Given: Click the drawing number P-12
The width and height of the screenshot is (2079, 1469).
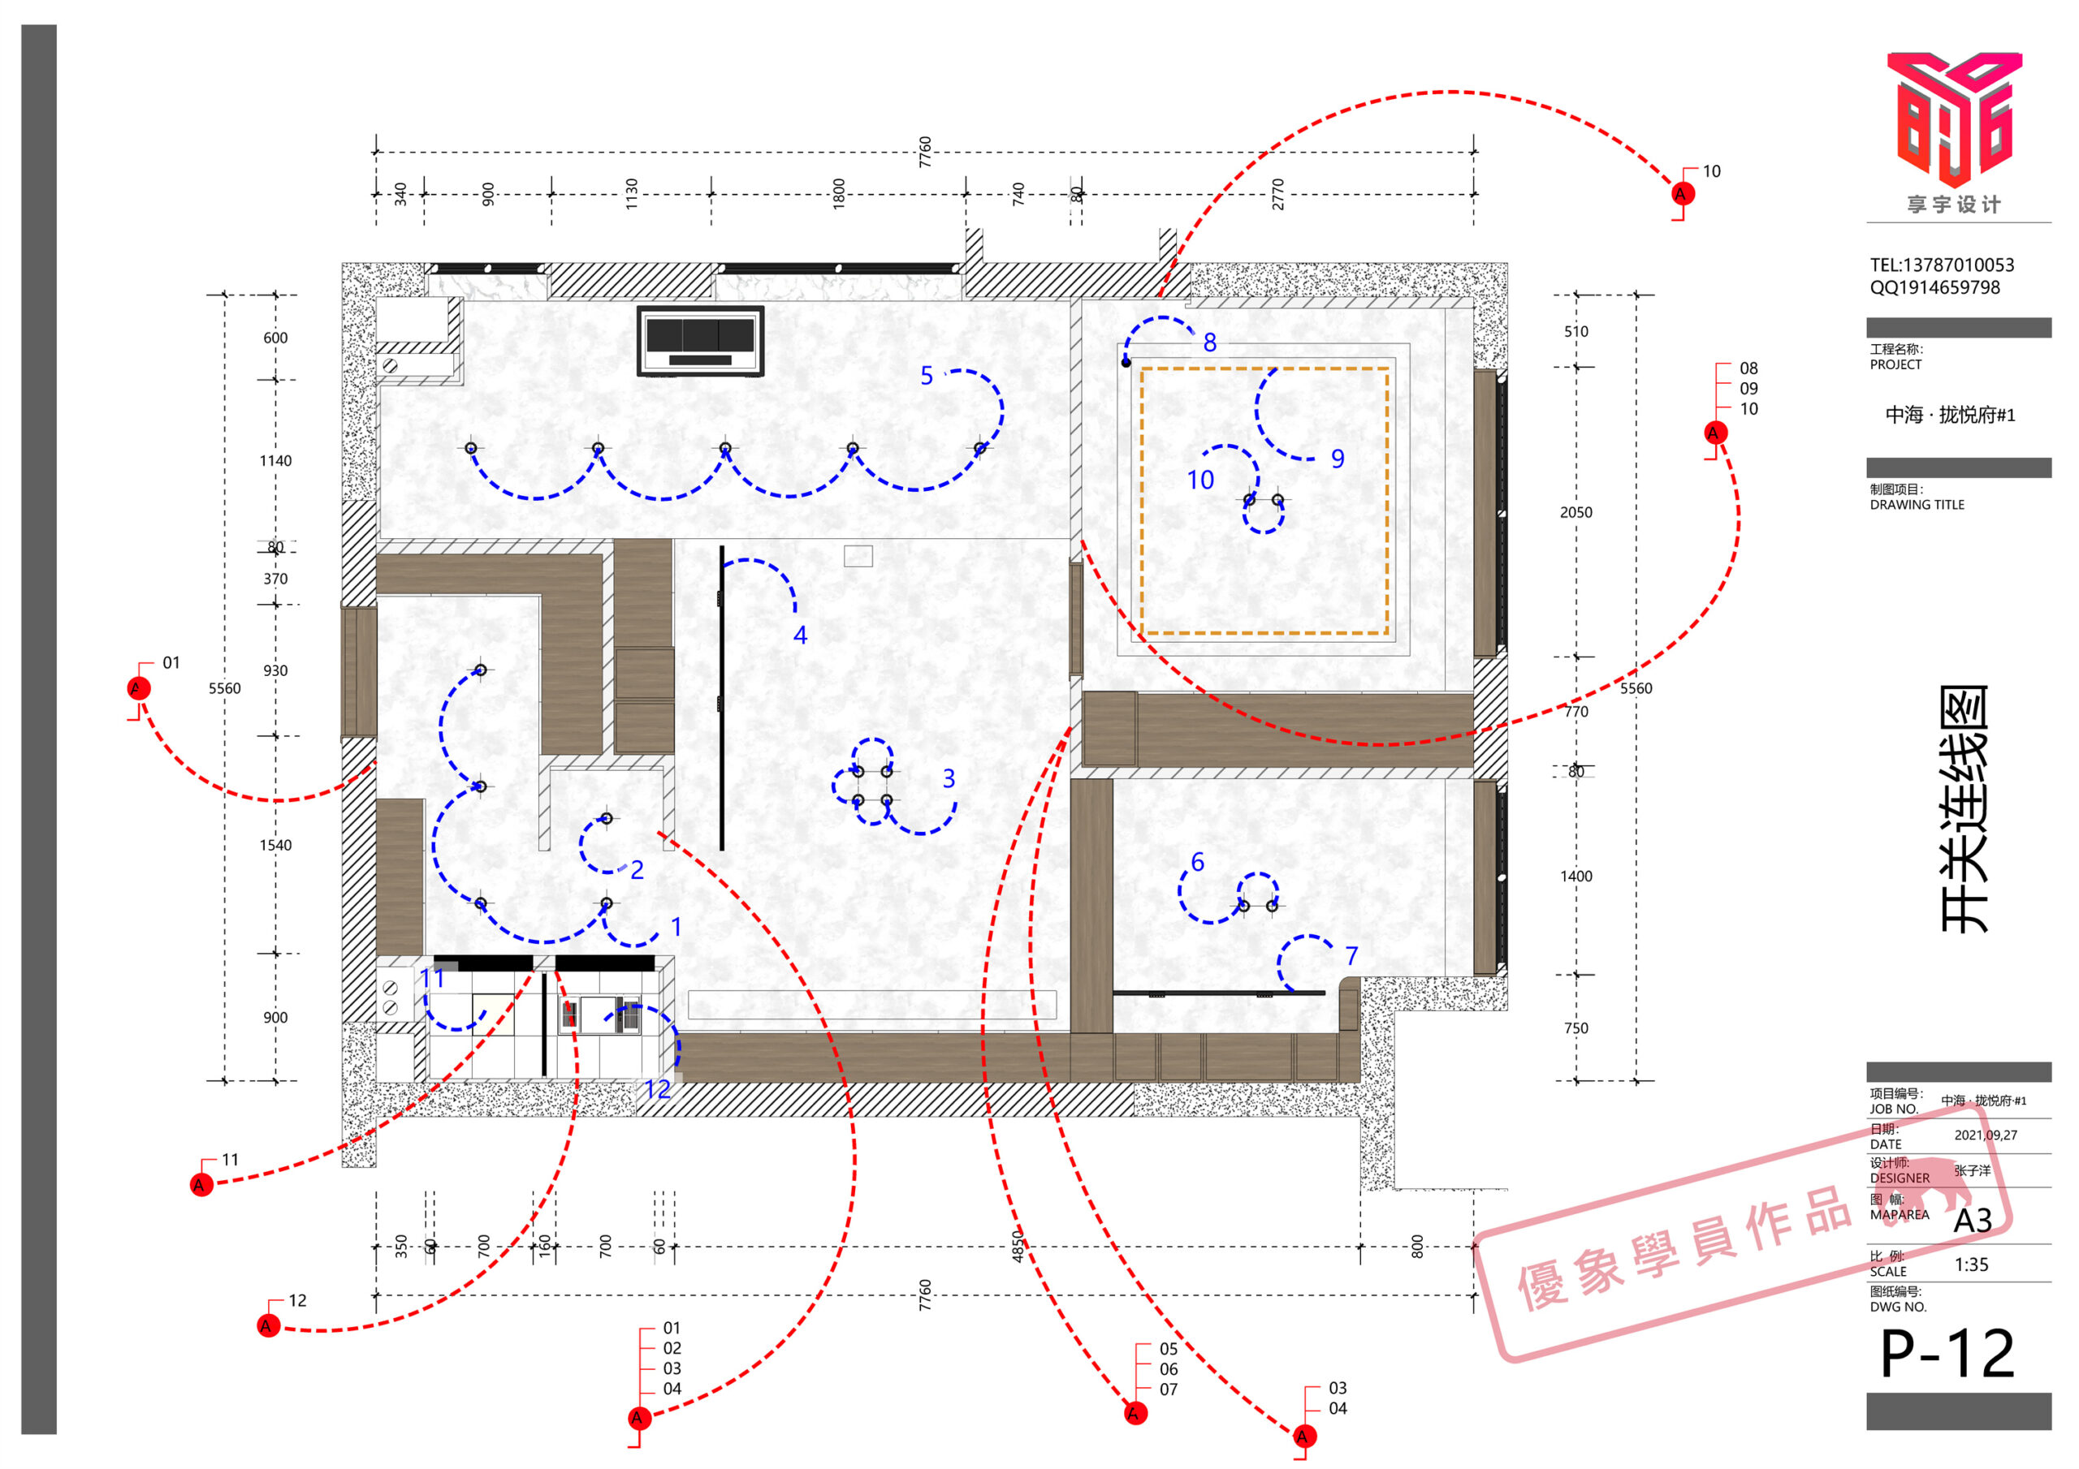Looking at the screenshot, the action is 1947,1354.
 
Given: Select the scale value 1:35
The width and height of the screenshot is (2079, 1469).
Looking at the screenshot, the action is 1971,1264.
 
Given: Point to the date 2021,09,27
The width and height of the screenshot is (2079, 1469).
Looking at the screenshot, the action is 1986,1135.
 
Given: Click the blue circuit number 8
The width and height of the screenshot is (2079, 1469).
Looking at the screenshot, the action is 1210,343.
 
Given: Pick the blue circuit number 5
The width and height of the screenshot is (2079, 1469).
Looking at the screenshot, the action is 927,376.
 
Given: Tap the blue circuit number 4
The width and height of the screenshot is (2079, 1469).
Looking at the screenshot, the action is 801,635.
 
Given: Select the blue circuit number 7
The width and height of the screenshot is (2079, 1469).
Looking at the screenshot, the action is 1351,956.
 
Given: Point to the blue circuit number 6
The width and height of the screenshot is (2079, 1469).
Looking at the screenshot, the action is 1198,862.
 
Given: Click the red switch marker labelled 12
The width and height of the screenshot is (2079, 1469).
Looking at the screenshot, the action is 269,1326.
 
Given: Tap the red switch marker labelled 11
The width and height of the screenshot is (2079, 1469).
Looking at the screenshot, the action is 201,1185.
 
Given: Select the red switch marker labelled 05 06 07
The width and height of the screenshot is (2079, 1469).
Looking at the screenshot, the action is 1135,1413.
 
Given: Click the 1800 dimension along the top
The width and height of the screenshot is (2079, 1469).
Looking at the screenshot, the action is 838,194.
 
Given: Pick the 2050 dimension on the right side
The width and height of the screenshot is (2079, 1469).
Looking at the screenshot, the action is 1575,512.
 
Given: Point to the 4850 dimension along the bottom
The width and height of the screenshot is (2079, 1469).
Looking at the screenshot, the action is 1018,1247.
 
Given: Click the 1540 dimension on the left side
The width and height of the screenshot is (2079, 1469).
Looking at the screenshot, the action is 275,846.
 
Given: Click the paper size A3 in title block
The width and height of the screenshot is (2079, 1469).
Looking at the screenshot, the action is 1972,1221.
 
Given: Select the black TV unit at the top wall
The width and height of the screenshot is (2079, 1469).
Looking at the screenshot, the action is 700,340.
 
